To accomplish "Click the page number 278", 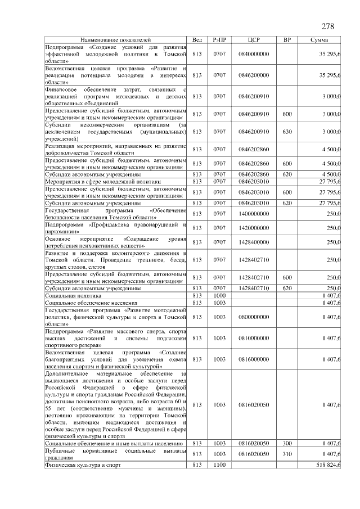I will coord(328,27).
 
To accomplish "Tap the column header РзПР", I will coord(219,40).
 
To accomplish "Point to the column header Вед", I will coord(197,40).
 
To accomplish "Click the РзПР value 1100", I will coord(219,465).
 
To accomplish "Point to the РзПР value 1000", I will coord(219,295).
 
